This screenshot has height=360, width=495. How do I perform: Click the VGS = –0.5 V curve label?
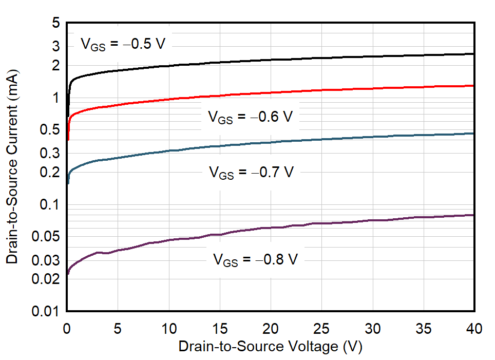tap(123, 44)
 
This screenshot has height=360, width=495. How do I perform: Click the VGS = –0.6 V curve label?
tap(250, 117)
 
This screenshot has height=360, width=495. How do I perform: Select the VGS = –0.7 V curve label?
tap(251, 172)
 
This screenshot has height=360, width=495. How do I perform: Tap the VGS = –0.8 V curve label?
tap(255, 259)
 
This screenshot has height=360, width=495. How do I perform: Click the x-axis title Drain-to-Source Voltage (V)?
tap(270, 347)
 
